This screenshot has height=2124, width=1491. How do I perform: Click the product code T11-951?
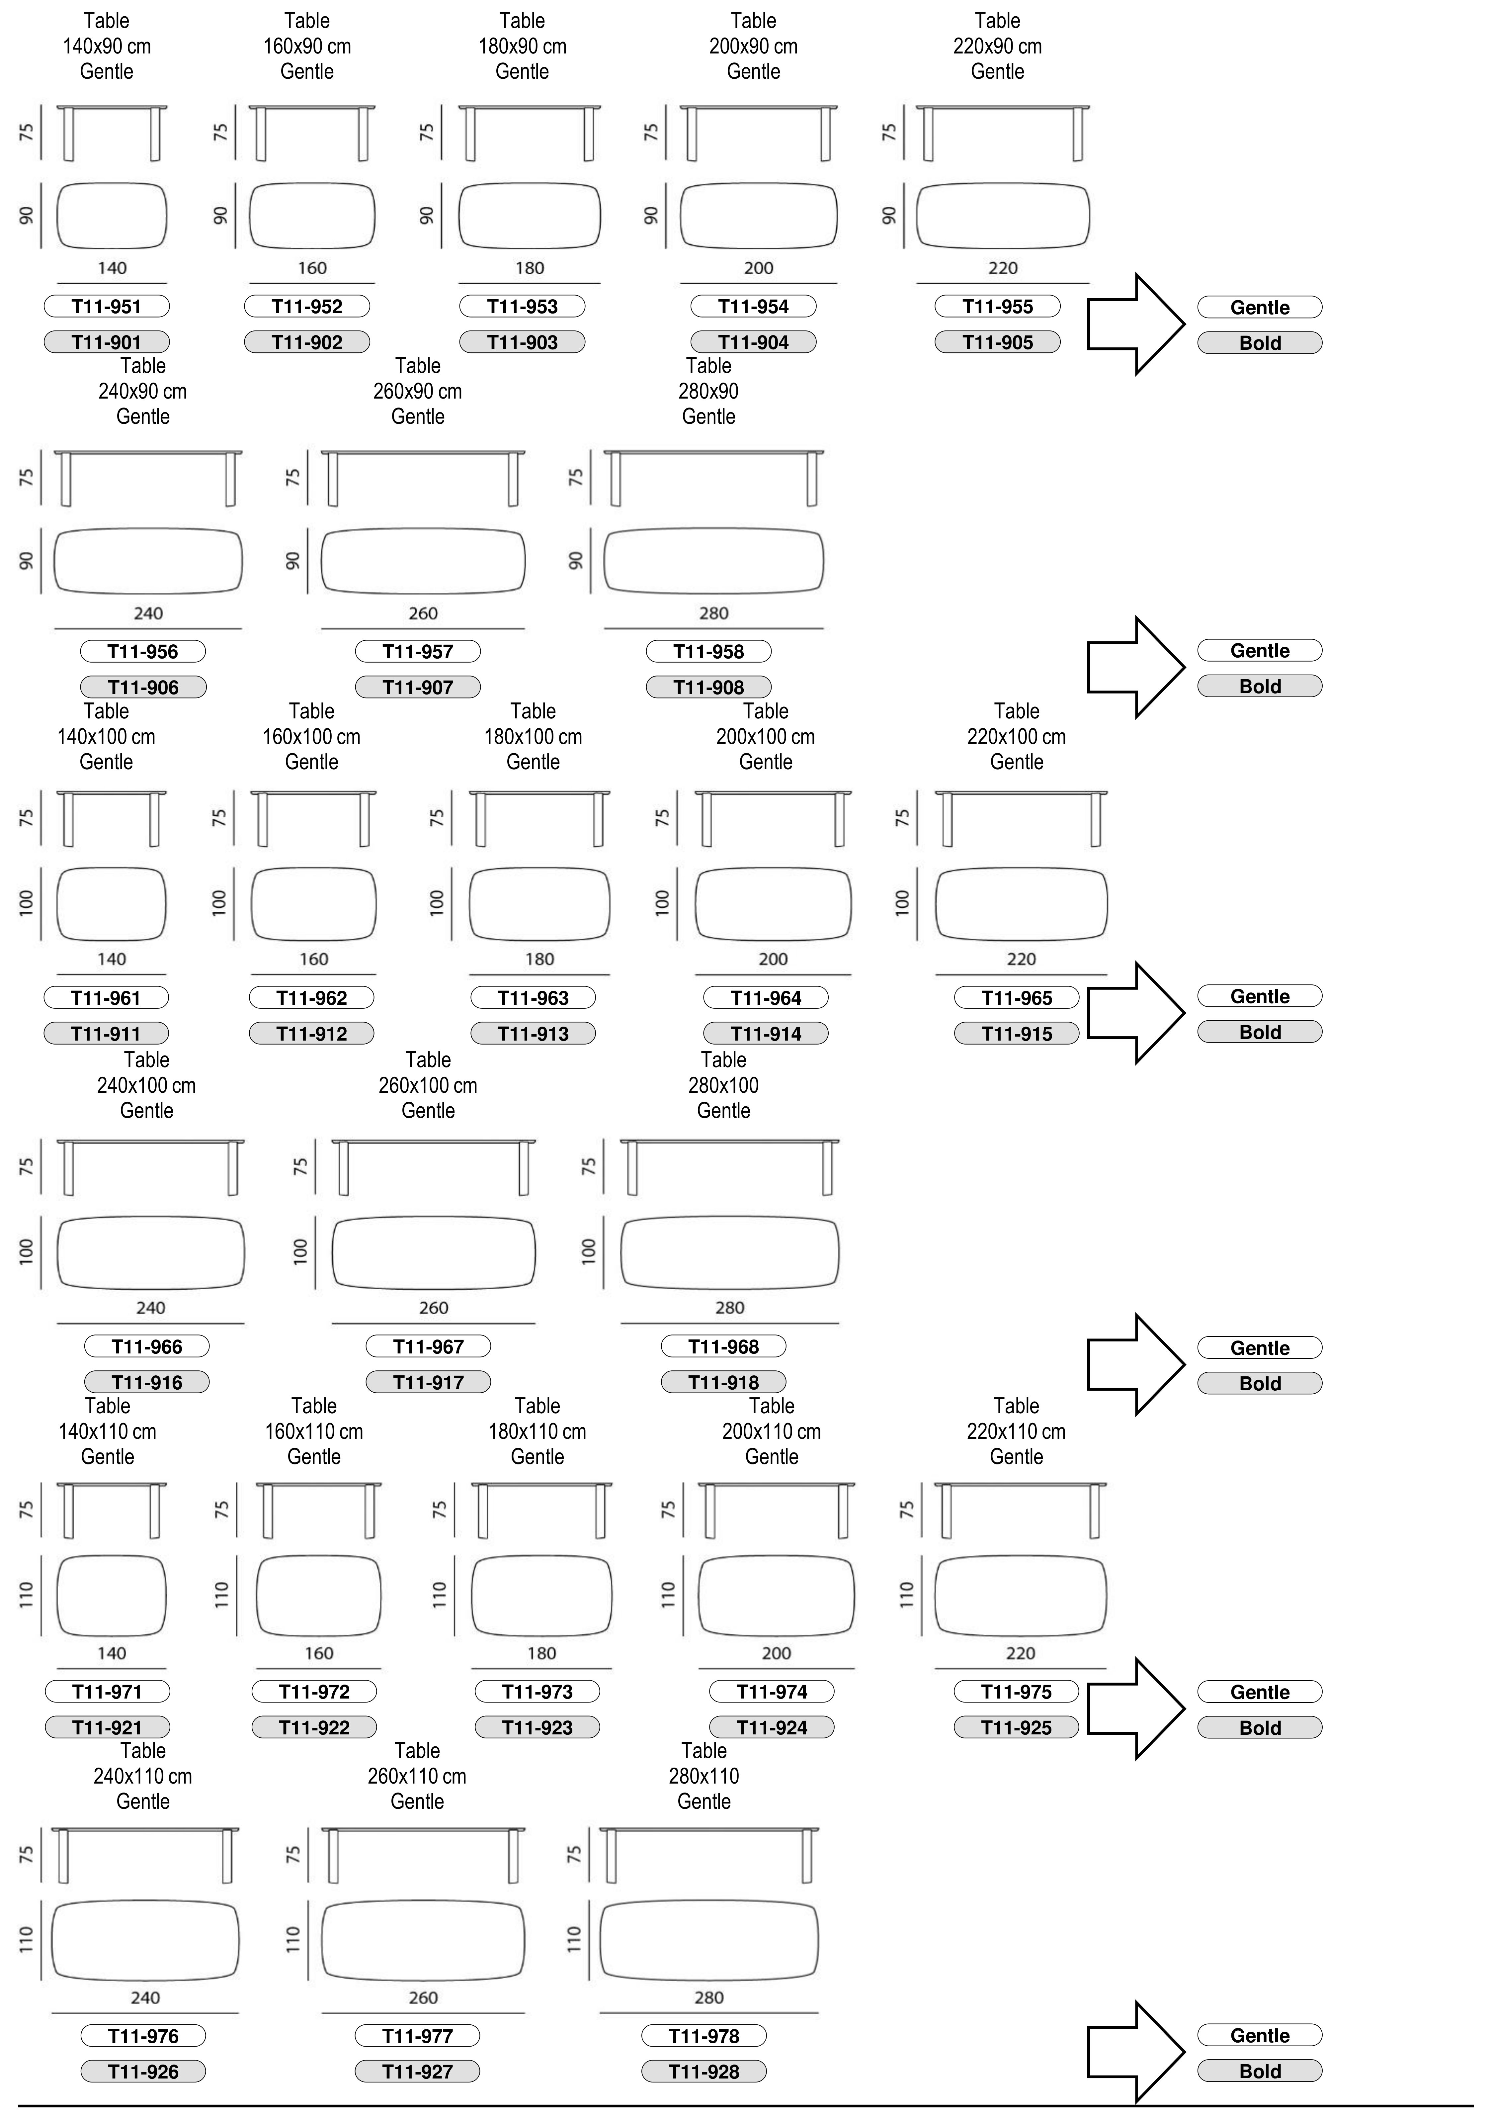(106, 306)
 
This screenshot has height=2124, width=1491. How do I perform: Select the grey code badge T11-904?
(753, 342)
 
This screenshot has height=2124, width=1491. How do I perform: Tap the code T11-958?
(708, 651)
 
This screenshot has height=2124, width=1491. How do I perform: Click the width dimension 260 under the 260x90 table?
(423, 613)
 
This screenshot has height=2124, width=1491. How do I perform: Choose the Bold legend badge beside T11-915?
(1260, 1032)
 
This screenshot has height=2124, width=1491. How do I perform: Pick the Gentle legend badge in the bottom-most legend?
(1260, 2035)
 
